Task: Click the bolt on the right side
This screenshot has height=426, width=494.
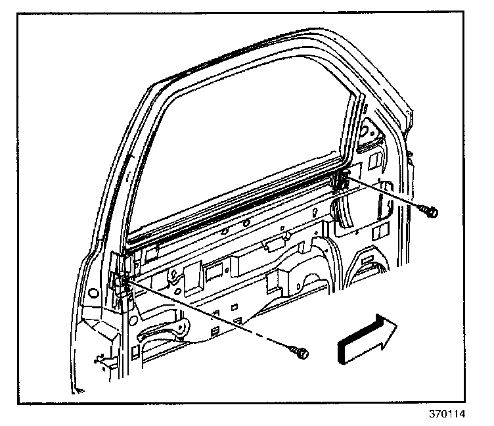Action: [432, 211]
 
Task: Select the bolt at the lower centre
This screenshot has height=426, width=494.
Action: [302, 353]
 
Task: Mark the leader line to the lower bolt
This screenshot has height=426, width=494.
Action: [210, 316]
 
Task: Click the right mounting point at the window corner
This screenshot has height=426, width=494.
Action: [344, 178]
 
